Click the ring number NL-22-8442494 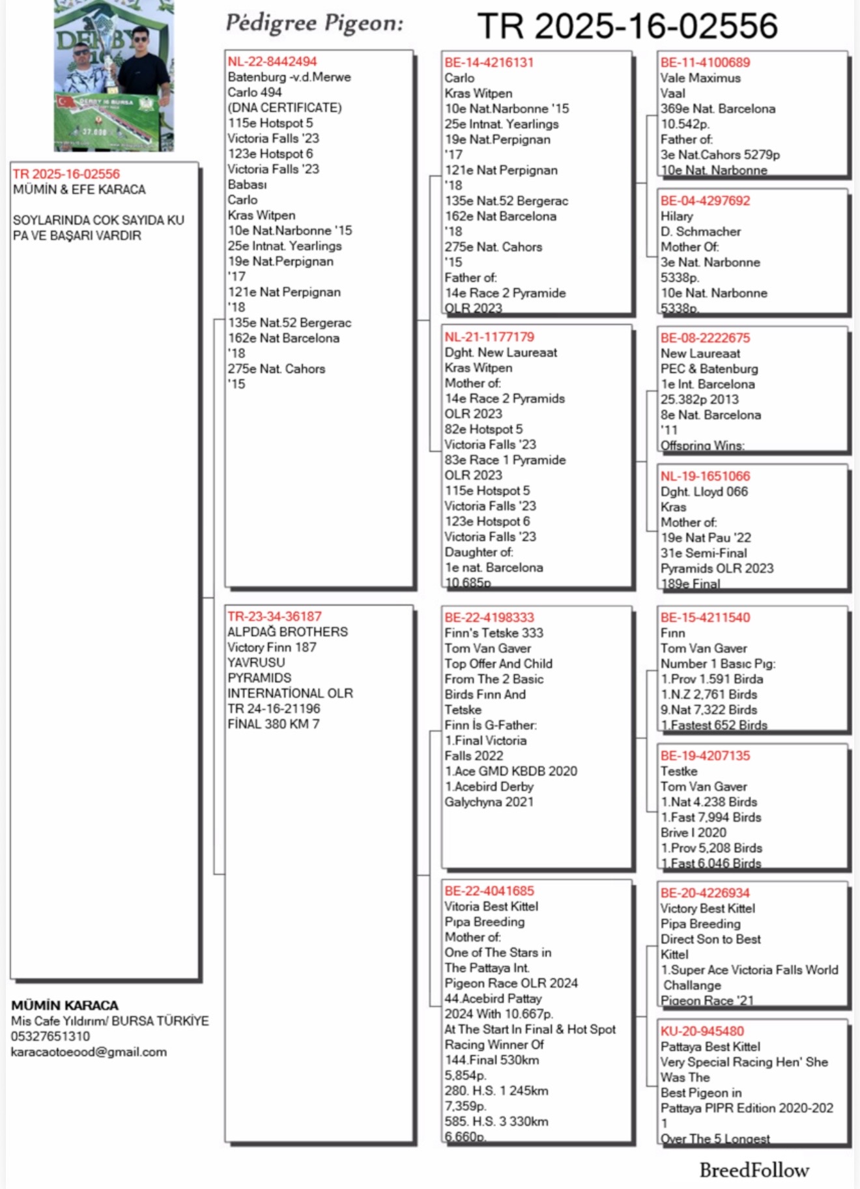272,62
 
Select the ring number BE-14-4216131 489,63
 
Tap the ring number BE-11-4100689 705,63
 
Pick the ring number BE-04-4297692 705,201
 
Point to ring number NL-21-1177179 489,337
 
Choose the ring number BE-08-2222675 705,338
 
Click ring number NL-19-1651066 705,476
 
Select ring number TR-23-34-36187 274,616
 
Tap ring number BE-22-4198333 489,617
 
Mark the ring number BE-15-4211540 705,617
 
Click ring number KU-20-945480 702,1031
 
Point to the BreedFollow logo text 754,1170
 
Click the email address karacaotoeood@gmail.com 89,1052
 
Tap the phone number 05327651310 50,1036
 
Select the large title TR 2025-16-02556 627,26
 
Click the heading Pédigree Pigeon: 314,23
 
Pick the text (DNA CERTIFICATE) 284,107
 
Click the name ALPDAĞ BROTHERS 287,632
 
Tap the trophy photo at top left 113,76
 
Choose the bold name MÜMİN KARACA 64,1005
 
